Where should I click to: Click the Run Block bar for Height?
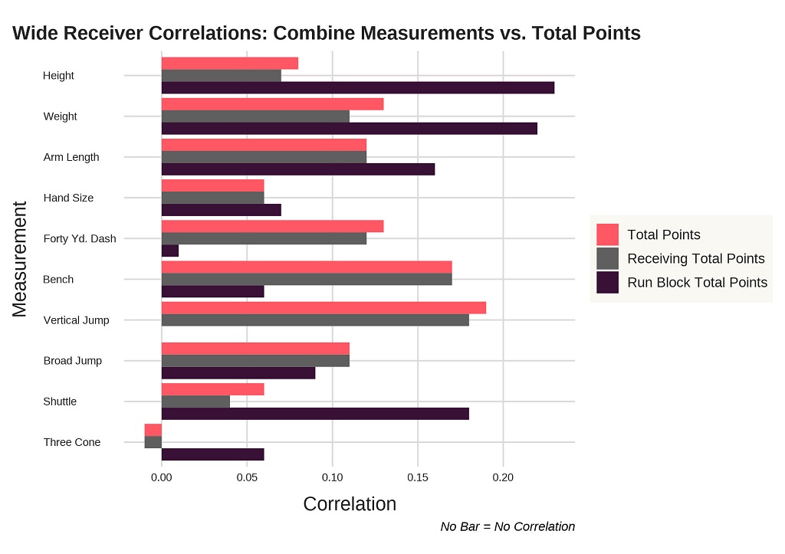357,88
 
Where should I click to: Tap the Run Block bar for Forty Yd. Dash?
170,251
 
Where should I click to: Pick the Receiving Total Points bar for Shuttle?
195,402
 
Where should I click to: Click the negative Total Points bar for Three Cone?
153,430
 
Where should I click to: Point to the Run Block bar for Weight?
349,129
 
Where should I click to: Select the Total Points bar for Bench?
307,267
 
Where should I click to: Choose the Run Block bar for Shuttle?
315,414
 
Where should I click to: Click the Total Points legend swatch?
607,234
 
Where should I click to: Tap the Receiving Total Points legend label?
695,259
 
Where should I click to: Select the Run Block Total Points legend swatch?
607,283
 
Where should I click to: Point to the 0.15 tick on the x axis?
418,477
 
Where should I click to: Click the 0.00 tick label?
162,477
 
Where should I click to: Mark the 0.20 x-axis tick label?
503,477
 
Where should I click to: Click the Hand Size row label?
68,198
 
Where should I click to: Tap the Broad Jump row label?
72,361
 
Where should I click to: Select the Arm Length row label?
71,157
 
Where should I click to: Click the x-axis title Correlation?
350,504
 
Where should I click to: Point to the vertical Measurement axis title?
20,258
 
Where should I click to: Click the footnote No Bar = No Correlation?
507,526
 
